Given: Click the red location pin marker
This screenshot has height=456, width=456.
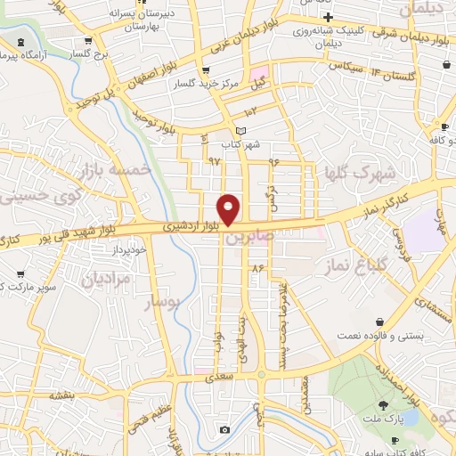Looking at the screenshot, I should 229,208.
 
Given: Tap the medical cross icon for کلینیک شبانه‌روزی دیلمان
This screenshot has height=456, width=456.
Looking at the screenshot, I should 329,18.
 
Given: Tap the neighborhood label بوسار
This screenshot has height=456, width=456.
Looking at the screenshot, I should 162,302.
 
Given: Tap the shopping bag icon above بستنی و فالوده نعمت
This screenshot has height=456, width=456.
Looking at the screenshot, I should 381,321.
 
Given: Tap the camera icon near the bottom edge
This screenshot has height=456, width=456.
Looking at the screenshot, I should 224,430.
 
